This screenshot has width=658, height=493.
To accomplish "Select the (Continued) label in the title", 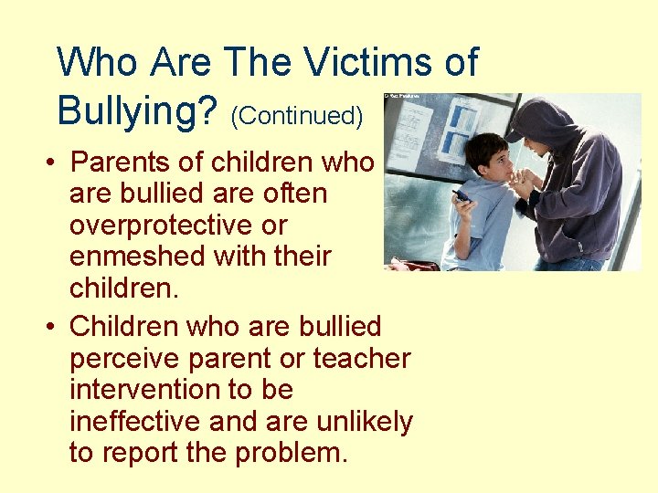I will point(297,116).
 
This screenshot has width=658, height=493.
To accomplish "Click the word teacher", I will point(362,359).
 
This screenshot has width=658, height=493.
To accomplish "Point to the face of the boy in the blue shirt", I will point(490,164).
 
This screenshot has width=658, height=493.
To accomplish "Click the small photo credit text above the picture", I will point(401,95).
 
